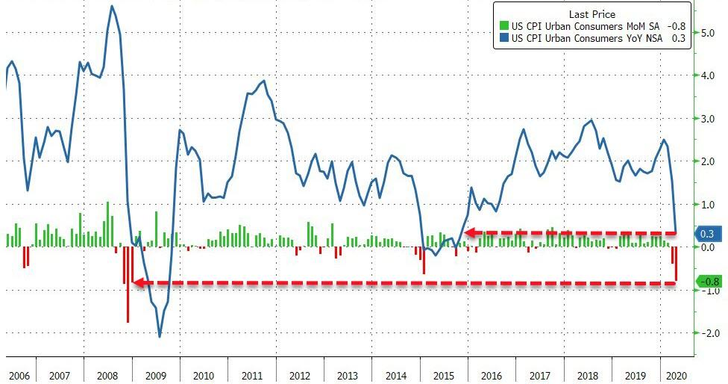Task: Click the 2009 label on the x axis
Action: pos(155,375)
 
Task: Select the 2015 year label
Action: pos(444,375)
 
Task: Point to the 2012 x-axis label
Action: pos(300,375)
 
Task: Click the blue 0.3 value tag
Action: pos(709,234)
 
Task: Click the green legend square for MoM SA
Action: pos(504,26)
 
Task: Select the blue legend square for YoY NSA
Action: pos(504,39)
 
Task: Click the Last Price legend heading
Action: pos(591,13)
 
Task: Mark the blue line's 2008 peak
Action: pos(112,7)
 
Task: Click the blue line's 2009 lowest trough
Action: pos(160,336)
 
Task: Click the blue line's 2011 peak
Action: pos(264,81)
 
